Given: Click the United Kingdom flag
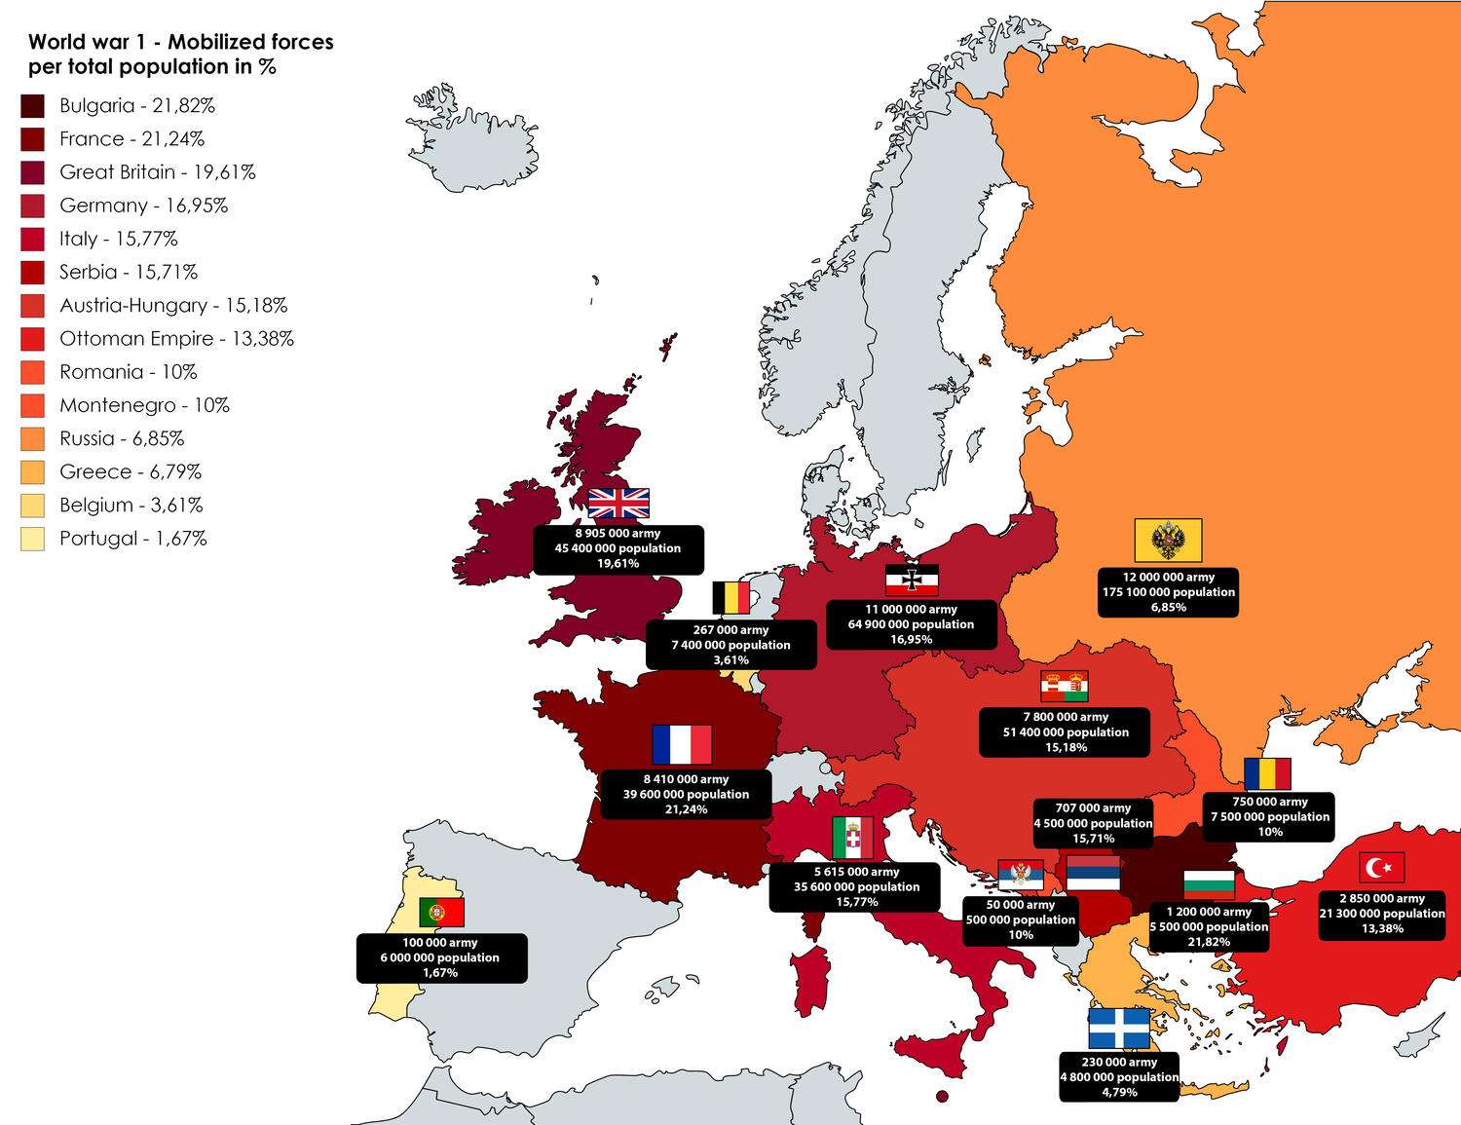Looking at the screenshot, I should point(618,504).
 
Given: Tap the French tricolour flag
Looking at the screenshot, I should point(682,745).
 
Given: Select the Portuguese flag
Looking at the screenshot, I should point(441,912).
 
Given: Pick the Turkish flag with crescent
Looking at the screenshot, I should point(1381,867).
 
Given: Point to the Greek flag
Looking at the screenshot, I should point(1119,1029).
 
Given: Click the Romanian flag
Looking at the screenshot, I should point(1267,774).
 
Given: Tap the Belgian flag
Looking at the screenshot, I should point(731,598).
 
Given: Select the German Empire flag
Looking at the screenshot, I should point(912,581).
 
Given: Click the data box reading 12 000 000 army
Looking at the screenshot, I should point(1168,592).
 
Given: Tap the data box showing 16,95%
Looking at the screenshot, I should point(911,624).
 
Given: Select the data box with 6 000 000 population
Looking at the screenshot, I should point(440,957).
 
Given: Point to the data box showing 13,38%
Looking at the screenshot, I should point(1381,914).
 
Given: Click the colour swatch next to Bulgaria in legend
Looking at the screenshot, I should point(32,106).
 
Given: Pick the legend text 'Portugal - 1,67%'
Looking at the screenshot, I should point(132,539).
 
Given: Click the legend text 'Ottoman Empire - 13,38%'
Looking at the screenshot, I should point(176,339).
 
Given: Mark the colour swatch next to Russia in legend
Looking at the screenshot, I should point(32,439).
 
